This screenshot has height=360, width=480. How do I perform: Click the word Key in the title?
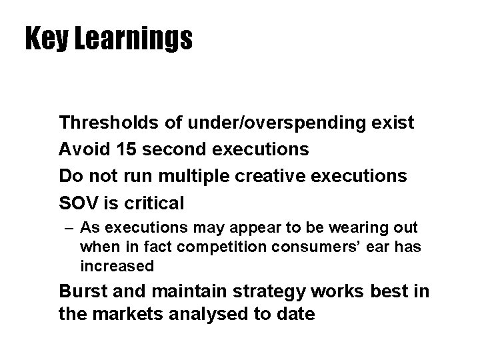coord(45,39)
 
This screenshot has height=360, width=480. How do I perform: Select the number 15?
coord(125,149)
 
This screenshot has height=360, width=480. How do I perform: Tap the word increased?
coord(117,266)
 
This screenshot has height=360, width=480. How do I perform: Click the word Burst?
coord(82,292)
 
